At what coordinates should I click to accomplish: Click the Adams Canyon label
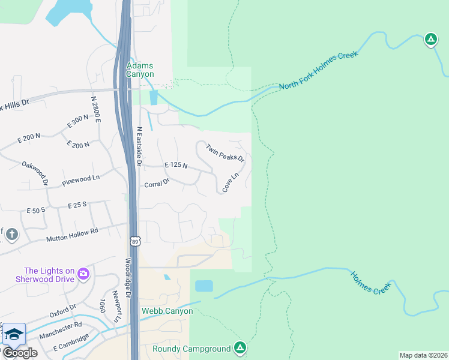[x=140, y=70]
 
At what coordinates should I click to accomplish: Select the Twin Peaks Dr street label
[x=225, y=153]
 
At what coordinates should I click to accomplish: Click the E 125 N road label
[x=176, y=166]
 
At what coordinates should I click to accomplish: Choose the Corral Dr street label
[x=157, y=184]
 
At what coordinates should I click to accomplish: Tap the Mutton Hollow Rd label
[x=72, y=235]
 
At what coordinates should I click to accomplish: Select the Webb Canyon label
[x=167, y=311]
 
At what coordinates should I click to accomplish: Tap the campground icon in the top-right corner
[x=430, y=40]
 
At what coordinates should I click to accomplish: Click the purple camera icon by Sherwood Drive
[x=83, y=275]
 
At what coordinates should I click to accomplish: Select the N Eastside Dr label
[x=139, y=146]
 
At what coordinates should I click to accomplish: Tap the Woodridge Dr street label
[x=128, y=275]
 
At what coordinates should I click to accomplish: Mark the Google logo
[x=20, y=353]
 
